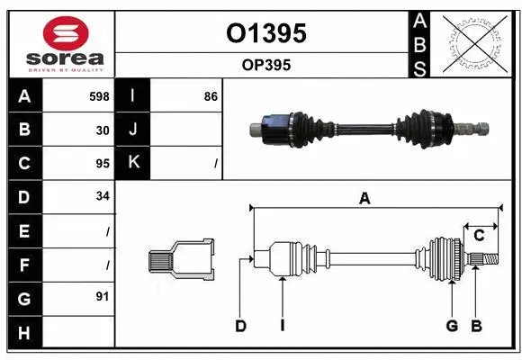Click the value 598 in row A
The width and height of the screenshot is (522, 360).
point(99,95)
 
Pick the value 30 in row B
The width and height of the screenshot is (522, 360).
point(103,130)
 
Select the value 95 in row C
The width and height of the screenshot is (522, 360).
point(103,164)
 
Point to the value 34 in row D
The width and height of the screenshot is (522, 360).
point(103,196)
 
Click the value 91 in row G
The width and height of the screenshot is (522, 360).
point(103,296)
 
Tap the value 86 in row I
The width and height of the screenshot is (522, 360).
point(211,95)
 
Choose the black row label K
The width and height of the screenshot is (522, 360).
point(133,163)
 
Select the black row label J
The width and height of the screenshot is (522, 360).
point(133,130)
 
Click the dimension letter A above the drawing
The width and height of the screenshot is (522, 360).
point(364,199)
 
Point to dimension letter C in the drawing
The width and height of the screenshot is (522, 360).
point(480,236)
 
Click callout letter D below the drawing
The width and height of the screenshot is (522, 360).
point(240,326)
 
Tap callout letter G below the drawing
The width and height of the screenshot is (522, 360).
point(452,326)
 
